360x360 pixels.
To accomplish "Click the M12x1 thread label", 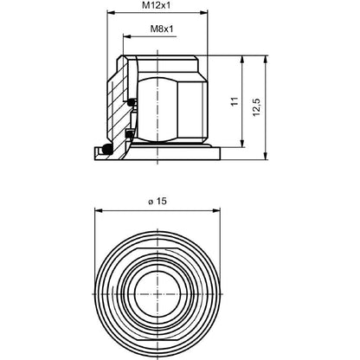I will point(157,6).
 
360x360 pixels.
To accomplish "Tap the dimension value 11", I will point(232,102).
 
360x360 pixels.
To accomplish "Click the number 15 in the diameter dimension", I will point(162,201).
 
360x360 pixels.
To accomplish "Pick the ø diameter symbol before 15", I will point(151,202).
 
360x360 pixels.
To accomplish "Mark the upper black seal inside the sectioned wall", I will point(131,103).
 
